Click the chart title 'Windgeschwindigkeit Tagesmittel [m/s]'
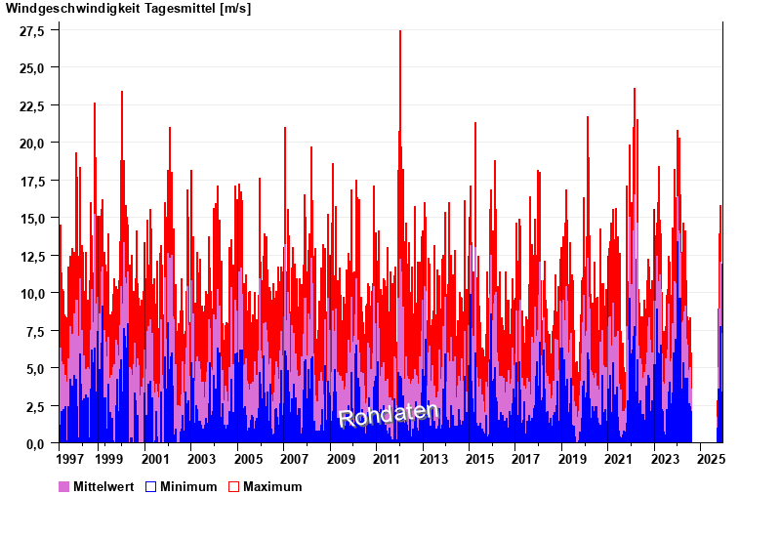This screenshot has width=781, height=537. click(128, 9)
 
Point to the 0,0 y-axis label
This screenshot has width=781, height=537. click(36, 443)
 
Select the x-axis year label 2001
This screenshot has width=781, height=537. click(155, 459)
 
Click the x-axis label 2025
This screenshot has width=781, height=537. click(711, 459)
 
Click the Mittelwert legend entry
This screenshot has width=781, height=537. click(103, 486)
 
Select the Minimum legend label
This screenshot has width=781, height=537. click(188, 486)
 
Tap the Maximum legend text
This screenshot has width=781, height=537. click(272, 486)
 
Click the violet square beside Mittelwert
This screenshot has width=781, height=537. click(64, 486)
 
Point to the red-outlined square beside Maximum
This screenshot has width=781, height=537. click(233, 486)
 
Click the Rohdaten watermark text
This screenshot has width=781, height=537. click(389, 414)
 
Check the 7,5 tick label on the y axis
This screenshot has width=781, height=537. click(36, 331)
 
